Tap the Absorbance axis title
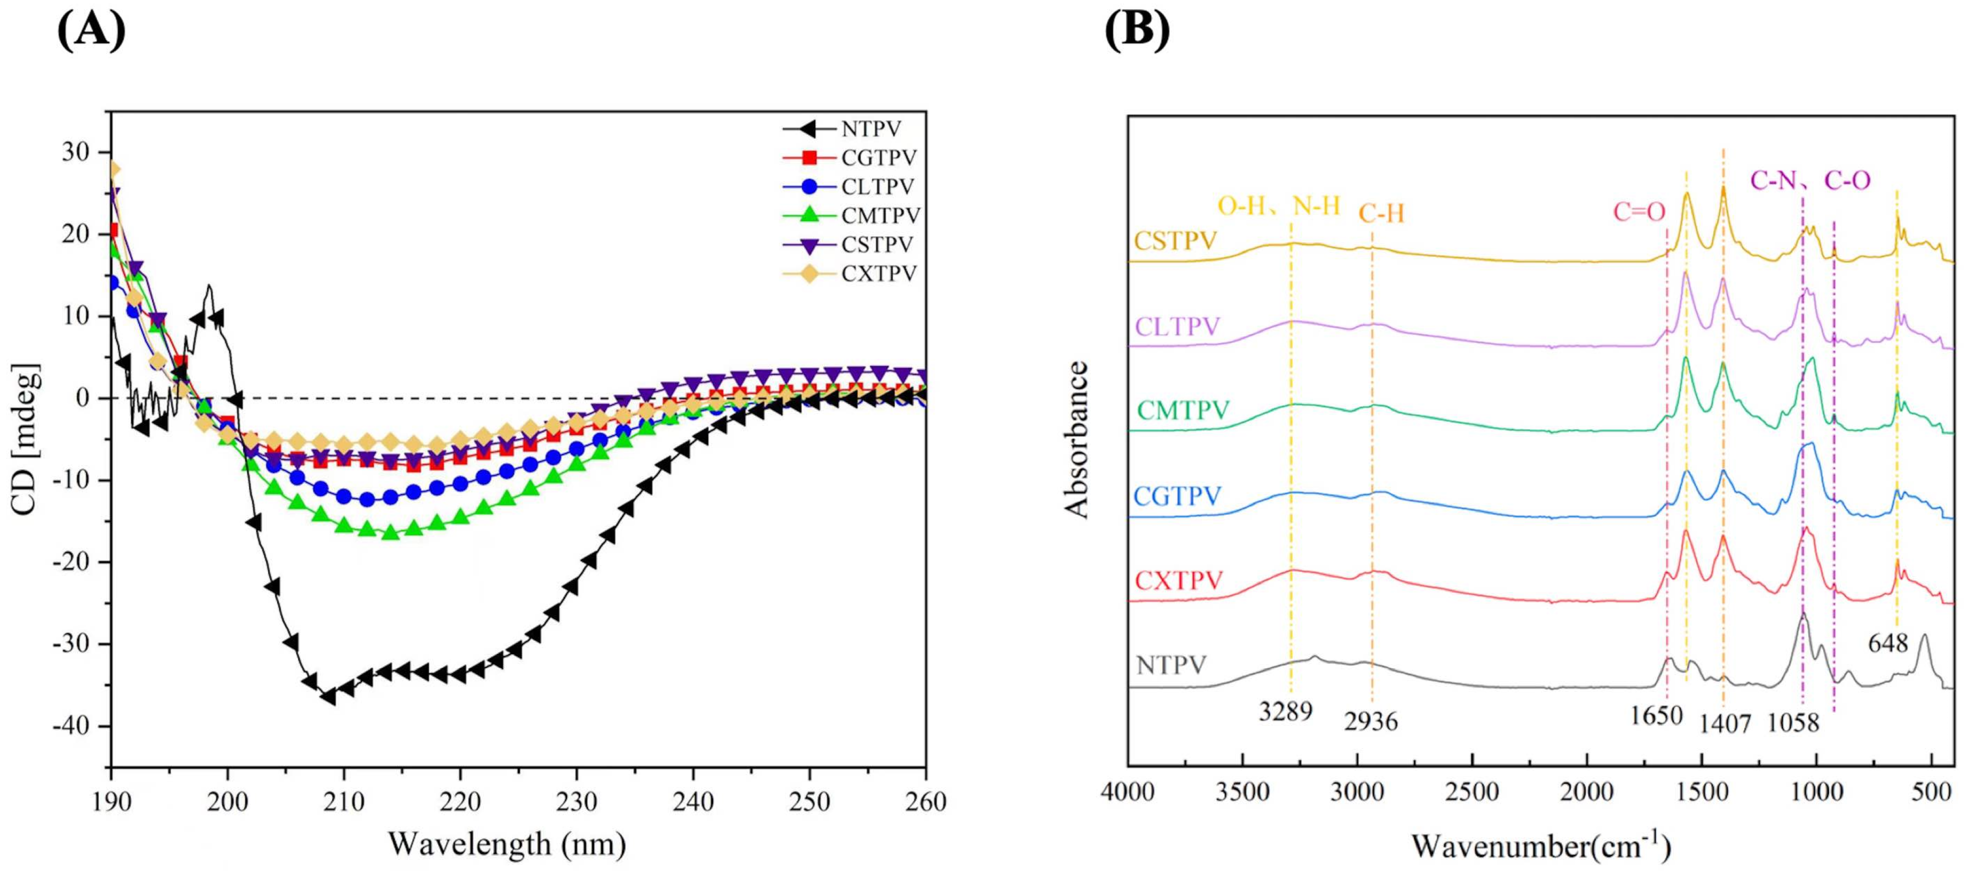click(x=1077, y=439)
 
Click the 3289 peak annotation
click(x=1285, y=712)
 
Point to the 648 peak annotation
click(x=1888, y=642)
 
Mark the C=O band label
click(x=1639, y=212)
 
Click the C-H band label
click(x=1381, y=213)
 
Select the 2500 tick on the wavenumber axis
click(x=1472, y=793)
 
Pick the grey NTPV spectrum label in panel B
click(x=1171, y=664)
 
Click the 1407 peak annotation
click(x=1725, y=723)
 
